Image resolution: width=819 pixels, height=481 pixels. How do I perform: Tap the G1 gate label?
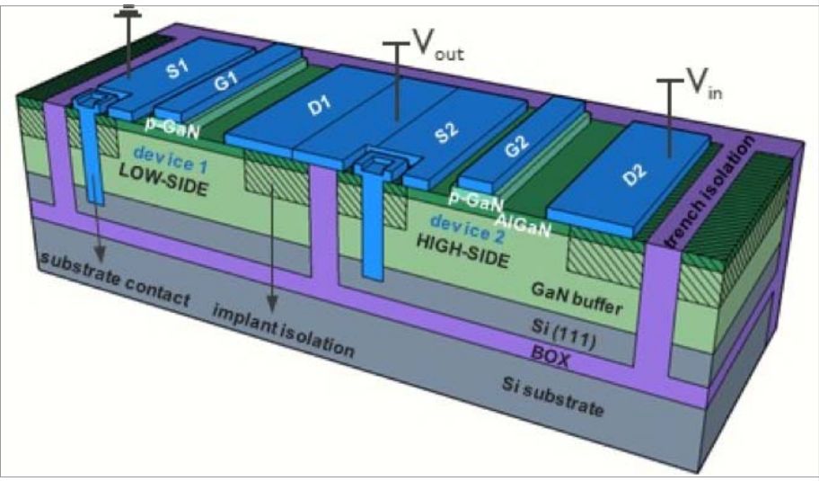(x=226, y=81)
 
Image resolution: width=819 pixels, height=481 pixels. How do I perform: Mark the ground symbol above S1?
(x=128, y=11)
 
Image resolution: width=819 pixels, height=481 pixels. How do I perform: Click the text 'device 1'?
(x=171, y=159)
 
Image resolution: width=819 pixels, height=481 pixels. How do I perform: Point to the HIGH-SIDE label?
(x=462, y=251)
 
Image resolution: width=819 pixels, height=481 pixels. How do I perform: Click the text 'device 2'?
(x=468, y=230)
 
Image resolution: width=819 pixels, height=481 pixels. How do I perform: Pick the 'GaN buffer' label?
(x=577, y=298)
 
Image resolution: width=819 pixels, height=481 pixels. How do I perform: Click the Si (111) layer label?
(x=563, y=333)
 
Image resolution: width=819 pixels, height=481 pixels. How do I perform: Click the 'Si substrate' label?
(x=552, y=396)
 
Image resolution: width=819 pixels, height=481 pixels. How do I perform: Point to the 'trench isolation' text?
(x=711, y=191)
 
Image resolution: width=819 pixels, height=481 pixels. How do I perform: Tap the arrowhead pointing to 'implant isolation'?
(x=271, y=304)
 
